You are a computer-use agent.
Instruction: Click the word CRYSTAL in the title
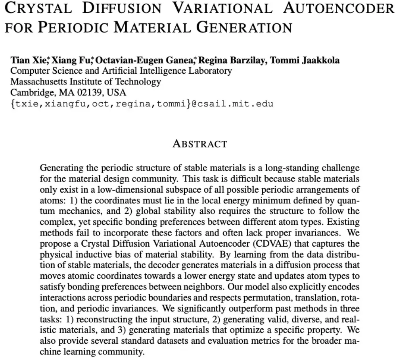tap(38, 8)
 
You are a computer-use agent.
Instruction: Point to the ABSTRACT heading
tap(200, 144)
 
